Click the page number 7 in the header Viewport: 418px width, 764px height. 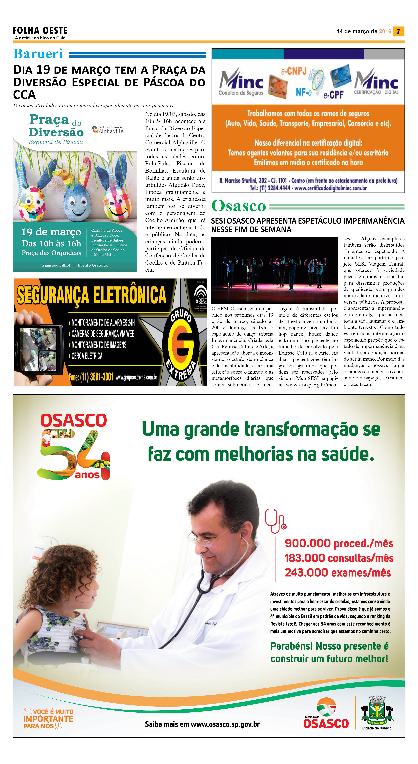click(x=398, y=31)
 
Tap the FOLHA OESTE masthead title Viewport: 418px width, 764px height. click(x=40, y=30)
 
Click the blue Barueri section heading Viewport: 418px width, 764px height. click(x=38, y=54)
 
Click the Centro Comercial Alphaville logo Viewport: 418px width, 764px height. click(x=108, y=130)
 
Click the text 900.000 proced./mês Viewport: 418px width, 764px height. click(x=339, y=543)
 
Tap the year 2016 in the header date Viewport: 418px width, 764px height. click(x=385, y=31)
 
